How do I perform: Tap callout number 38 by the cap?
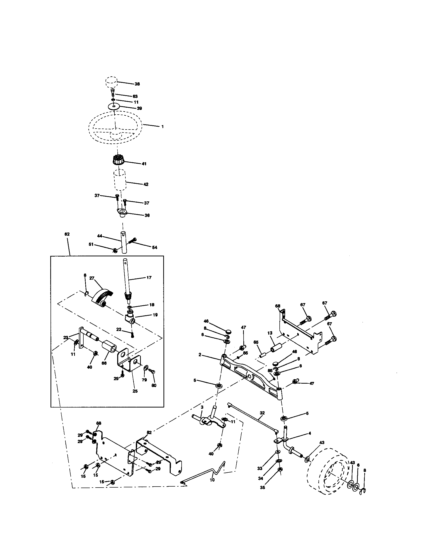[x=137, y=84]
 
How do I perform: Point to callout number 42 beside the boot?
[x=146, y=184]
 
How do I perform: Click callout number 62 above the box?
[x=67, y=234]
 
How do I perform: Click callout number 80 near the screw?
[x=154, y=385]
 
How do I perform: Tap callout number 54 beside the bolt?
[x=155, y=247]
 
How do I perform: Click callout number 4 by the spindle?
[x=310, y=433]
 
